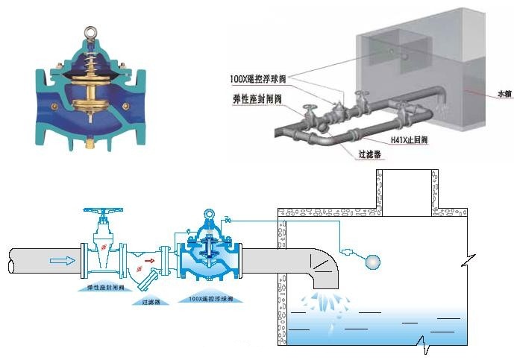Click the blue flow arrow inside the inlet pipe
pyautogui.click(x=61, y=261)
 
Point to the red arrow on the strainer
pyautogui.click(x=149, y=261)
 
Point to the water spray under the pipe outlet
pyautogui.click(x=324, y=303)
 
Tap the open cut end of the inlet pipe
pyautogui.click(x=13, y=262)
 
